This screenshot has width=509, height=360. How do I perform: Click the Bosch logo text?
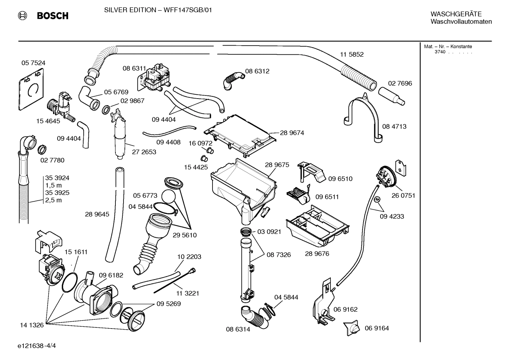(x=52, y=16)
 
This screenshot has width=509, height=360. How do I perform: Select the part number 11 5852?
(x=352, y=54)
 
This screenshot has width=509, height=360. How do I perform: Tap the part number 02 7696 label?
(x=400, y=83)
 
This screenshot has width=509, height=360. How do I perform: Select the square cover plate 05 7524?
(x=31, y=90)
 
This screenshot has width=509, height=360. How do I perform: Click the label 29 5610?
(x=185, y=235)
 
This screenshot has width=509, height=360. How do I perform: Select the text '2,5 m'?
(x=53, y=200)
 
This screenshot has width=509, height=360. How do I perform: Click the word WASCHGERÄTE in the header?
(x=456, y=14)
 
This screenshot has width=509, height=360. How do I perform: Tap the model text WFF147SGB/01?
(x=187, y=10)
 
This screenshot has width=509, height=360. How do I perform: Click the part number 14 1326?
(x=32, y=325)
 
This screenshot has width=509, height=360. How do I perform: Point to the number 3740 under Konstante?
(x=440, y=52)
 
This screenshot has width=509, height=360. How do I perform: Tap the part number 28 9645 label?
(x=97, y=214)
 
